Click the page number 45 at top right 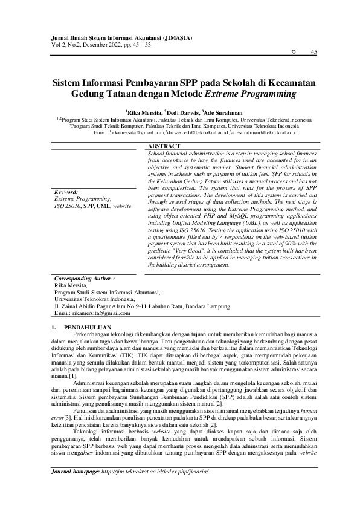click(x=313, y=53)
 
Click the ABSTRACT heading click(x=164, y=147)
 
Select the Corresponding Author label click(x=84, y=280)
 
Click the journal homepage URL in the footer click(x=155, y=487)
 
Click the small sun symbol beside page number click(x=294, y=53)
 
